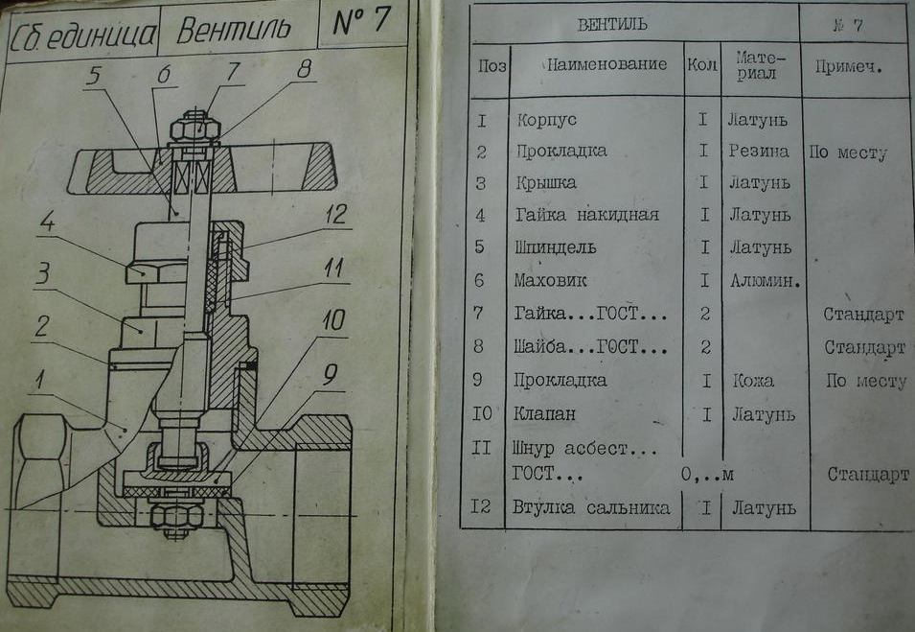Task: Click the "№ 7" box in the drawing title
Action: tap(360, 23)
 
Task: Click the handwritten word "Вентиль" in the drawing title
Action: tap(234, 31)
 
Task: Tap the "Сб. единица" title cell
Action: tap(82, 35)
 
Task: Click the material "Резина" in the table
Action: tap(758, 152)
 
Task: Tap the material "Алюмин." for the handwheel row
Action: tap(764, 281)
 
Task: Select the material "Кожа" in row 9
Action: tap(751, 381)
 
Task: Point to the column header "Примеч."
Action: tap(848, 67)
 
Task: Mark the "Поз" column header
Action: tap(492, 66)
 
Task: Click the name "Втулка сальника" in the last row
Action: tap(592, 507)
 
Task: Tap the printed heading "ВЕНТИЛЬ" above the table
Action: tap(612, 23)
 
